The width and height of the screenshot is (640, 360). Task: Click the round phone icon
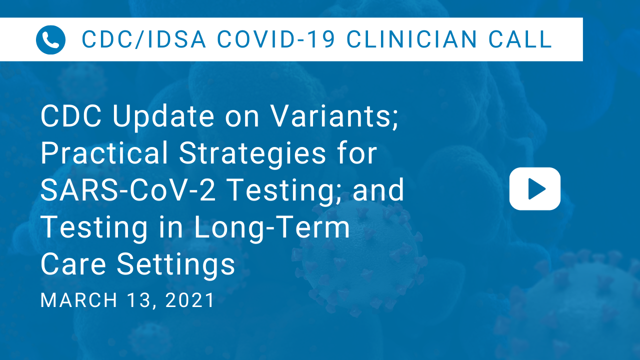[50, 39]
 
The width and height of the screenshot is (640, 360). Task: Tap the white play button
[535, 189]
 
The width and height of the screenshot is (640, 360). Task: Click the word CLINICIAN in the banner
[411, 39]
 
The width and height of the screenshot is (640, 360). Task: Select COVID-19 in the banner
[276, 39]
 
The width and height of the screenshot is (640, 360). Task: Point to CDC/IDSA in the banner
[143, 39]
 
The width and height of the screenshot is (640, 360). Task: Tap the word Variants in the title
[334, 116]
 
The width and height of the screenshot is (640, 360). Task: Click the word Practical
[104, 153]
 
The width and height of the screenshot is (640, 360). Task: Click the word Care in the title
[73, 264]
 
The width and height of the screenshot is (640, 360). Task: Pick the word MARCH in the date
[79, 300]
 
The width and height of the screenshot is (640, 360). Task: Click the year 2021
[190, 300]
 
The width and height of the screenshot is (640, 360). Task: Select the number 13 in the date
[139, 300]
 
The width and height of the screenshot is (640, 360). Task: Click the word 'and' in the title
[378, 189]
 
